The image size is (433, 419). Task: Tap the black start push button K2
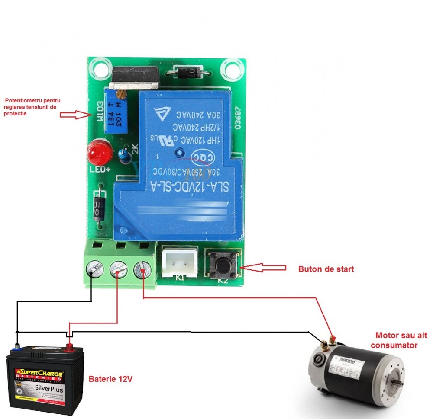point(223,264)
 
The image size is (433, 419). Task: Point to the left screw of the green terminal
point(94,270)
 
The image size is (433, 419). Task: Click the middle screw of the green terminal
point(118,270)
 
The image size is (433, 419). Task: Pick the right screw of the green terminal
point(142,270)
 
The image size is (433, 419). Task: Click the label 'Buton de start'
point(326,269)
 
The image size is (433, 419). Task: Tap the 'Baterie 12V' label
point(110,379)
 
